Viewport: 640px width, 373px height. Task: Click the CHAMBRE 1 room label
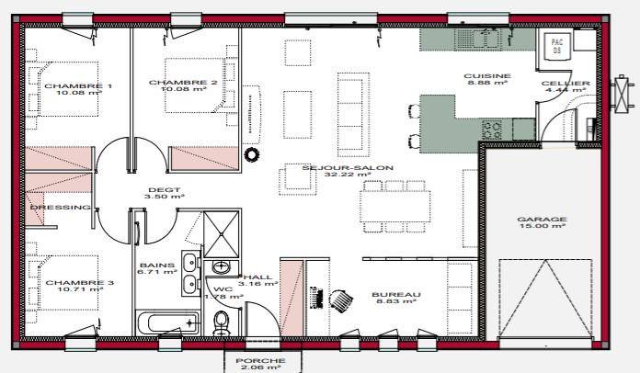(78, 86)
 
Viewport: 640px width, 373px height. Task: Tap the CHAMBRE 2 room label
(183, 83)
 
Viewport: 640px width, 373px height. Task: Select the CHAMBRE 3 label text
(80, 282)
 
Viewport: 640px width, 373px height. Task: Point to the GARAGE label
(542, 220)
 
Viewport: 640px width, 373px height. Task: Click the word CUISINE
(487, 76)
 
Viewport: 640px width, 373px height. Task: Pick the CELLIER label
(566, 84)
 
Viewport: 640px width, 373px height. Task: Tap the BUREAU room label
(396, 294)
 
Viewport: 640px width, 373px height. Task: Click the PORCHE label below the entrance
(260, 361)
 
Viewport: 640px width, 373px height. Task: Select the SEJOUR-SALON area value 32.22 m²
(348, 175)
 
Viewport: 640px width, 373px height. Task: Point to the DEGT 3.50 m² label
(165, 193)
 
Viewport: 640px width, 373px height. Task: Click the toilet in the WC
(222, 322)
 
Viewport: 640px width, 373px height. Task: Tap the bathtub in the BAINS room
(168, 322)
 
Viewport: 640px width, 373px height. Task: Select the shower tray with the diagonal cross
(222, 234)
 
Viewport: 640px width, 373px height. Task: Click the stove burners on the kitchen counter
(491, 130)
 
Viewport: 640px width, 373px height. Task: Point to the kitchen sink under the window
(476, 40)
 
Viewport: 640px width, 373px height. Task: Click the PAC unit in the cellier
(556, 46)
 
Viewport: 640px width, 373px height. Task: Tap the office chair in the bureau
(341, 300)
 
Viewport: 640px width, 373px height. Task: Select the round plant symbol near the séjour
(252, 154)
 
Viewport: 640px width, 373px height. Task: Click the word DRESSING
(61, 207)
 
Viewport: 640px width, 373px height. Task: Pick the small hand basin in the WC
(222, 267)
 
